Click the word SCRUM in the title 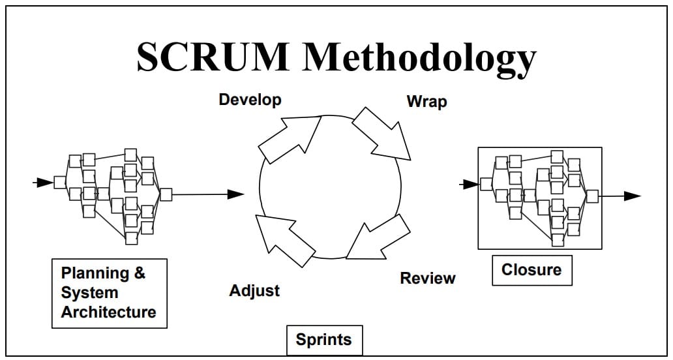[213, 57]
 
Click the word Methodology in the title [419, 60]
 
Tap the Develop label [250, 100]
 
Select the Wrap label [426, 102]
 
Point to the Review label [428, 278]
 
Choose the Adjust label [254, 291]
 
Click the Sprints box [325, 340]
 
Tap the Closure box [531, 270]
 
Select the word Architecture [108, 312]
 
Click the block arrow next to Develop [290, 140]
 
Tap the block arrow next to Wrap [381, 134]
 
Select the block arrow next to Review [378, 237]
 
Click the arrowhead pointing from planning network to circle [235, 194]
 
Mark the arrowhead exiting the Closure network [632, 196]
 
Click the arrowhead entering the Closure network [471, 185]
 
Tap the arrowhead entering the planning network [44, 183]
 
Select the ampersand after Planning [140, 272]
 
